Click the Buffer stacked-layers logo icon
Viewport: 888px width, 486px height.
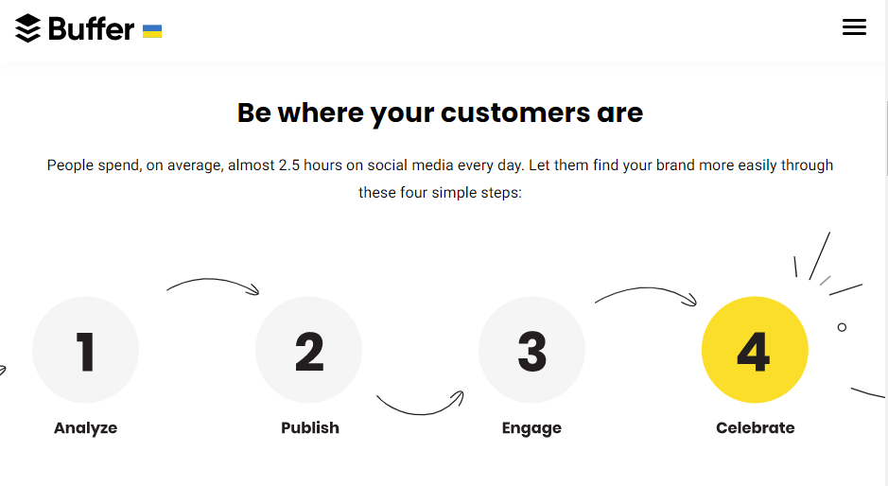pos(27,28)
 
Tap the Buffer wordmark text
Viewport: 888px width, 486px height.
pos(91,29)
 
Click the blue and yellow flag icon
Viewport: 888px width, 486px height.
pos(152,31)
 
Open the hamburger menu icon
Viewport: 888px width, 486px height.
pos(854,26)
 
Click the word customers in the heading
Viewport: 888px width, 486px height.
pos(514,113)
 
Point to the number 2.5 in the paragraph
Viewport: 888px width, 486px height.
pos(288,165)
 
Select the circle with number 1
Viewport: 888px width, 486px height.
pos(85,350)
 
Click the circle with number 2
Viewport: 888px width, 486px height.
pos(308,350)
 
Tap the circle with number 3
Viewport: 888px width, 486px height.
pos(531,350)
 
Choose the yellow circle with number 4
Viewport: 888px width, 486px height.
pos(755,350)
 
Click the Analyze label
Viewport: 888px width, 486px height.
pos(85,427)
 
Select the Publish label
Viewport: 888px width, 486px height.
pos(310,427)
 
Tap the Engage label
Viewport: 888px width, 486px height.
pos(531,428)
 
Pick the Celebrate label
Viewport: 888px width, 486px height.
pos(756,427)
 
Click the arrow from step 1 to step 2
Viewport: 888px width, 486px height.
pos(211,279)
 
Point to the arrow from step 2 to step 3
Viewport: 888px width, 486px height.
pos(420,414)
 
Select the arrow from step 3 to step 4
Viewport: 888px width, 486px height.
pos(646,288)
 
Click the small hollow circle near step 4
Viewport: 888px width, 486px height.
pos(842,327)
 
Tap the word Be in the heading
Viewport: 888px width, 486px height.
pos(253,113)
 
